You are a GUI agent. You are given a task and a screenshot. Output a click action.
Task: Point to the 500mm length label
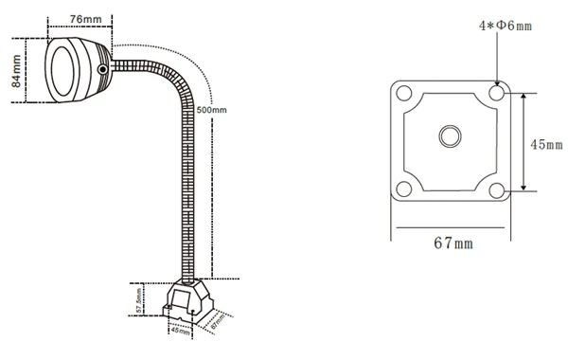[212, 111]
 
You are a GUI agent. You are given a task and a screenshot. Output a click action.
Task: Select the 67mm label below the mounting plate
[453, 243]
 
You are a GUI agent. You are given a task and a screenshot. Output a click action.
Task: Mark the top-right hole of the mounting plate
[498, 94]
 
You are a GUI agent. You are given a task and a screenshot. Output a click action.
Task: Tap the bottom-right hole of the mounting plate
[498, 188]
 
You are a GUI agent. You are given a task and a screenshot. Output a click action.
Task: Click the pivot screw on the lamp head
[102, 69]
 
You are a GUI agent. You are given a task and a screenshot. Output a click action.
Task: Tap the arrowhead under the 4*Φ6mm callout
[498, 81]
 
